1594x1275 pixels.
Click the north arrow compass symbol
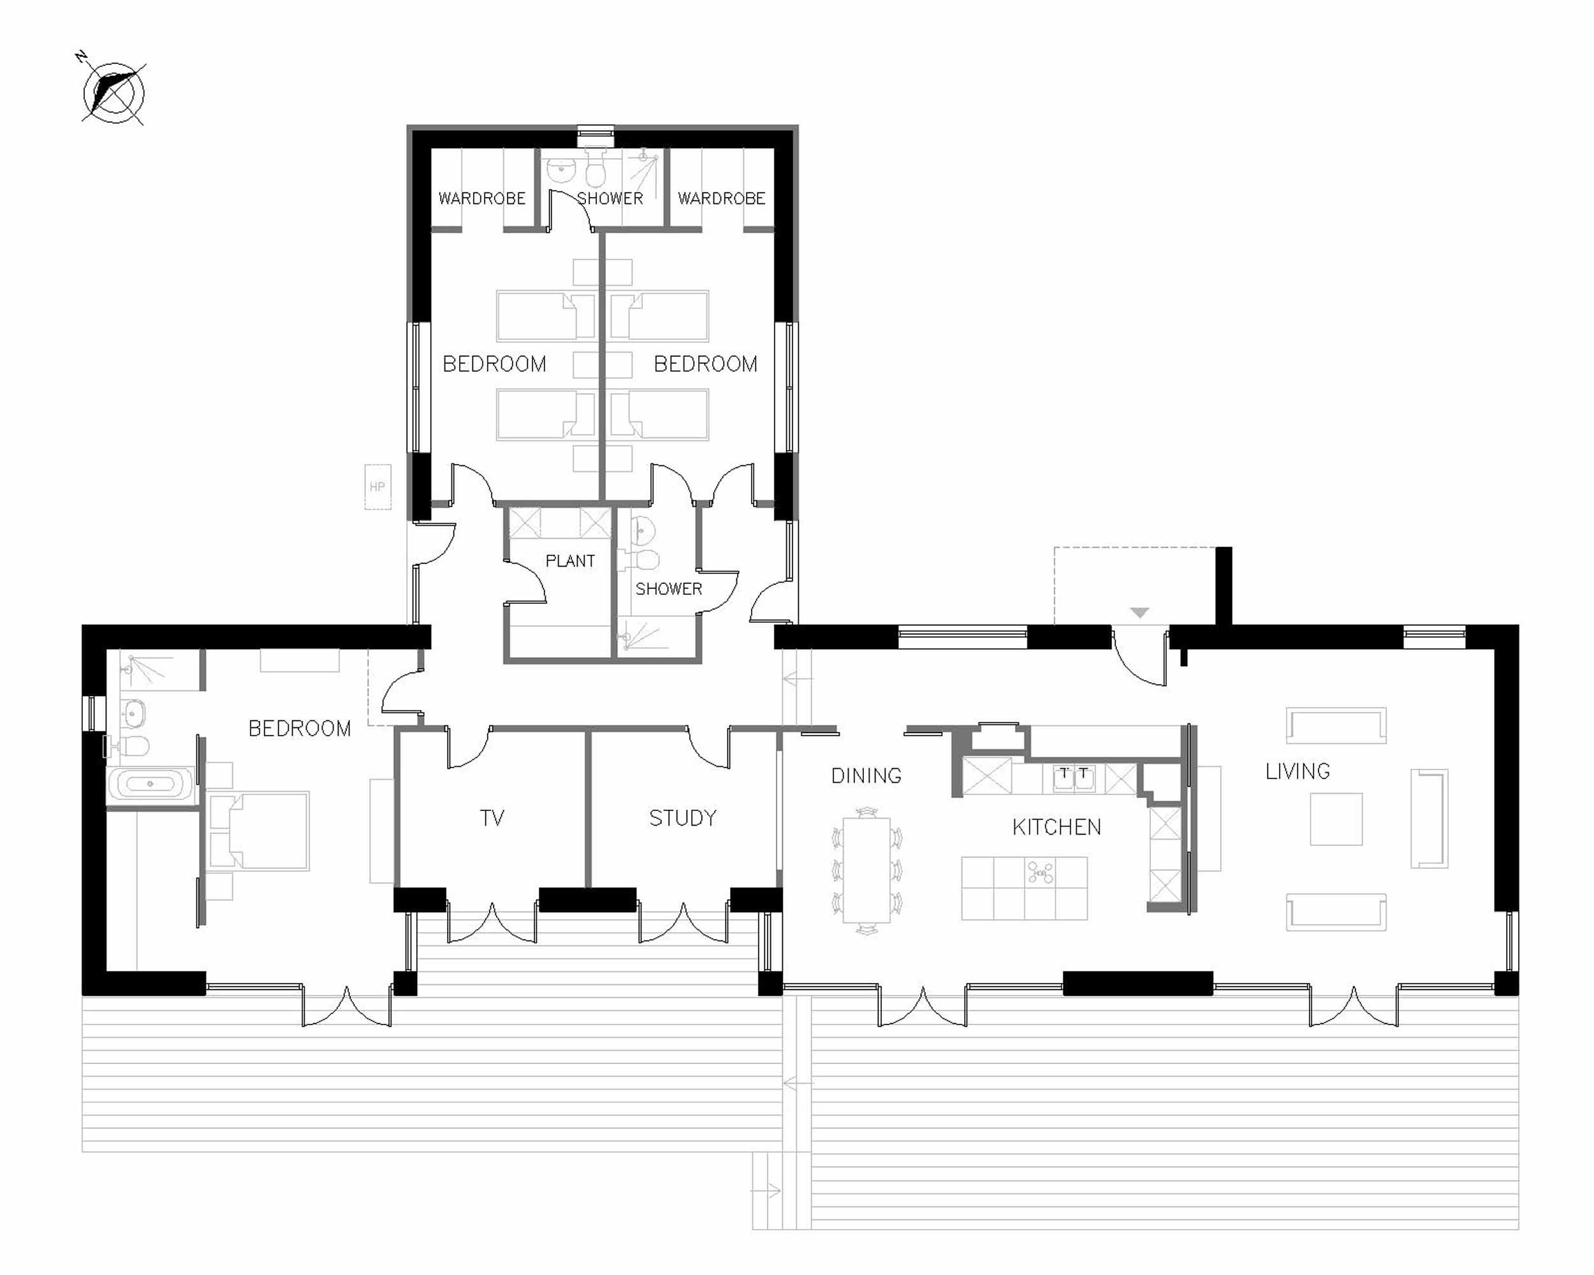point(113,93)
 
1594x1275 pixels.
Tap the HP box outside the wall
point(377,486)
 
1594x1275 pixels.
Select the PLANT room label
point(569,561)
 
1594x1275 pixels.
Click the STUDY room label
point(682,817)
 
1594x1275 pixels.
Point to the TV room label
point(492,817)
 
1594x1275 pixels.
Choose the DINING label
point(866,775)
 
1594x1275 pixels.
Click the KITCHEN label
point(1056,826)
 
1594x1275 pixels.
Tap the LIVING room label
point(1297,771)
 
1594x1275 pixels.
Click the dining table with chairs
point(866,870)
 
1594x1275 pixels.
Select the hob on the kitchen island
point(1040,873)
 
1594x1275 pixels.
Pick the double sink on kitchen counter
point(1074,778)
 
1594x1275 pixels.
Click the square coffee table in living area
point(1335,819)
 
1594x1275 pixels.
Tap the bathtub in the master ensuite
point(151,783)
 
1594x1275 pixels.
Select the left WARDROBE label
point(481,198)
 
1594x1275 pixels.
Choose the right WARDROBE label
point(721,198)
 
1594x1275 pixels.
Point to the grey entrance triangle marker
point(1139,612)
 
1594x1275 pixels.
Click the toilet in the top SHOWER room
point(595,173)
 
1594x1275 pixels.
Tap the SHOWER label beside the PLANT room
point(668,589)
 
